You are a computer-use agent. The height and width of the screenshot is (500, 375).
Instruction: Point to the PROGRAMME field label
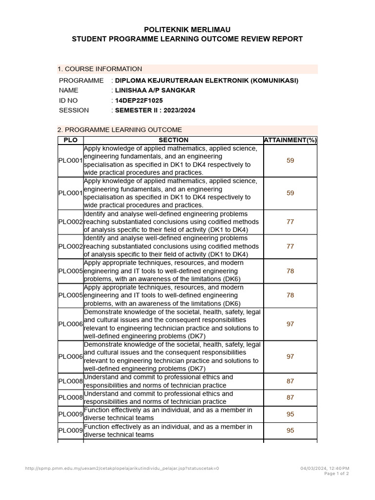[x=81, y=81]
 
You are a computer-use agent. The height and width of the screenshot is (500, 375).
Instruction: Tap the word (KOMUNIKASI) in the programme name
[x=274, y=81]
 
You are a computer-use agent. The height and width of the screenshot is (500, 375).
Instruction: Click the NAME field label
[x=68, y=90]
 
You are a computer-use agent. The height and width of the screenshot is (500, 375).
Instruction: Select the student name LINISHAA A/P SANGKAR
[x=155, y=90]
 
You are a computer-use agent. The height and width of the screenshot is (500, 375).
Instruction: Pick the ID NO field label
[x=69, y=101]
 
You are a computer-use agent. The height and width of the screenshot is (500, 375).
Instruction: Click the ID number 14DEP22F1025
[x=139, y=101]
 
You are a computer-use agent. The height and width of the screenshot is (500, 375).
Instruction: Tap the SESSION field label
[x=74, y=110]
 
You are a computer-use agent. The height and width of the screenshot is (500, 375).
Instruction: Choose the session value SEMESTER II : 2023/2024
[x=155, y=110]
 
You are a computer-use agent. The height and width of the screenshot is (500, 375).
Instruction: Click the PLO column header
[x=71, y=140]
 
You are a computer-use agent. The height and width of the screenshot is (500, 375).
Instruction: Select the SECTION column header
[x=173, y=140]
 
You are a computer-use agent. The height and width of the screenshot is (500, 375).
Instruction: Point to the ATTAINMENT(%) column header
[x=290, y=140]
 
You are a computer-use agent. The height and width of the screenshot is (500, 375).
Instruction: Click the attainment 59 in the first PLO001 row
[x=291, y=160]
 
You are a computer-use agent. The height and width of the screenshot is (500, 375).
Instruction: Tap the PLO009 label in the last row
[x=70, y=431]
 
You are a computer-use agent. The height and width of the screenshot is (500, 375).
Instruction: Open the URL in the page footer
[x=122, y=468]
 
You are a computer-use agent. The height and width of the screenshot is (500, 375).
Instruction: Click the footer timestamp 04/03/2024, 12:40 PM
[x=325, y=468]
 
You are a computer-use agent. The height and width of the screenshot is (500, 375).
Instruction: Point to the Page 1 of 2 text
[x=336, y=474]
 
